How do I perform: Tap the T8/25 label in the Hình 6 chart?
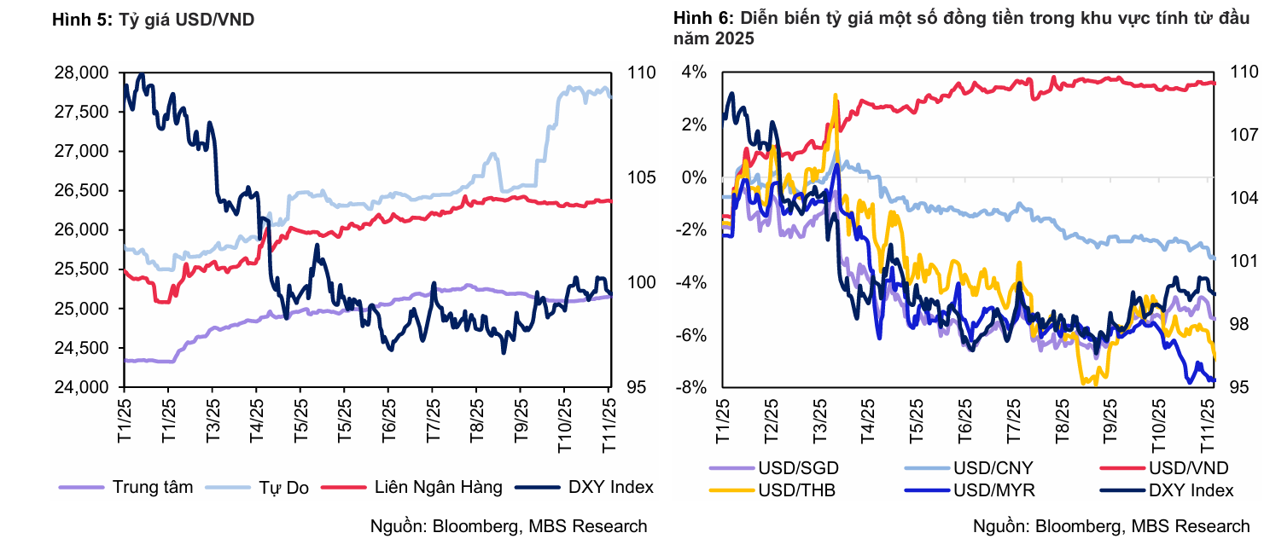(1063, 419)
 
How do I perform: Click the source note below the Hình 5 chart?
(508, 526)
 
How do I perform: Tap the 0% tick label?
(694, 178)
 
